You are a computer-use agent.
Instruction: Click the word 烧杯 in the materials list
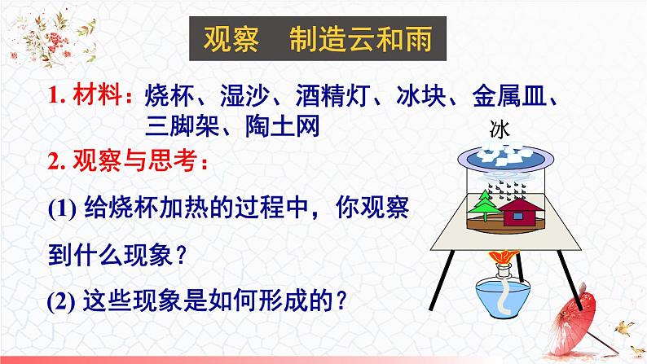click(168, 97)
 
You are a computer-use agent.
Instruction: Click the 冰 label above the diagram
click(500, 128)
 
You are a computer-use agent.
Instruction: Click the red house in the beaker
click(524, 213)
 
